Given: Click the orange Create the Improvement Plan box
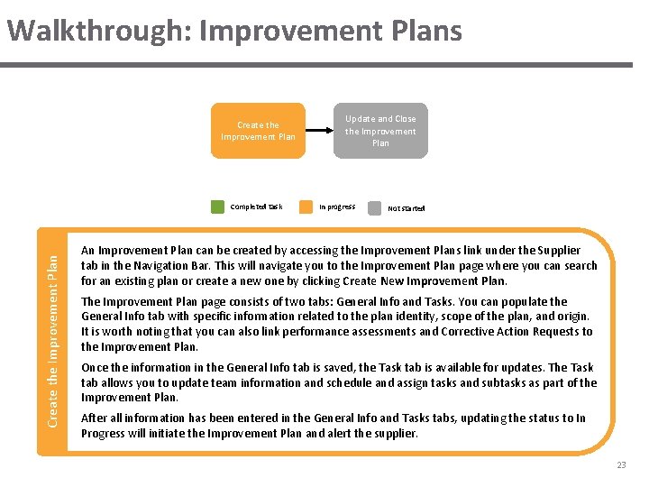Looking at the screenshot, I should pyautogui.click(x=258, y=131).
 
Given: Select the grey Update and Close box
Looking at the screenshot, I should pyautogui.click(x=380, y=131).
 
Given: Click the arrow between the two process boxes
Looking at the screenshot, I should pyautogui.click(x=319, y=132).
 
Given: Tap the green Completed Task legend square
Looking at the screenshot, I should pyautogui.click(x=217, y=207).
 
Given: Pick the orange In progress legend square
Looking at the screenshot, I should pyautogui.click(x=306, y=207).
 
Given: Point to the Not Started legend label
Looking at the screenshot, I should pyautogui.click(x=406, y=207).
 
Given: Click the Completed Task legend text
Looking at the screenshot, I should pyautogui.click(x=256, y=207).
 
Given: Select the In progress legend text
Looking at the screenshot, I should pyautogui.click(x=337, y=207).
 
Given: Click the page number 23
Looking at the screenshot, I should pyautogui.click(x=621, y=465).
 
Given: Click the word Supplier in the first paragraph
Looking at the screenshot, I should pyautogui.click(x=560, y=250).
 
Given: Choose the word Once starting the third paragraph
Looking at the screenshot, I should pyautogui.click(x=96, y=367).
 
